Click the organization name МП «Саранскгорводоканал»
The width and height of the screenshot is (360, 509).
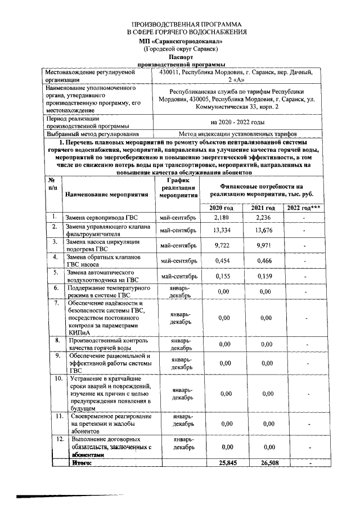click(181, 42)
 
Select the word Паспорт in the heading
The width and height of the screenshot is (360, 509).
click(181, 57)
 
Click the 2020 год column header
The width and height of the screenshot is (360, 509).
click(222, 208)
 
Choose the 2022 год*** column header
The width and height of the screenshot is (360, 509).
click(304, 208)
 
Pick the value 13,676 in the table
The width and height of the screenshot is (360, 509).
click(264, 231)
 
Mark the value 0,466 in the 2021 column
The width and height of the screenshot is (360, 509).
click(264, 261)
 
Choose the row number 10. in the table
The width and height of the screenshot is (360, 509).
click(58, 379)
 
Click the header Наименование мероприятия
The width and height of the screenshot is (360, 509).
click(106, 194)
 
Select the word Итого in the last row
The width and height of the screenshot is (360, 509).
click(80, 462)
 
